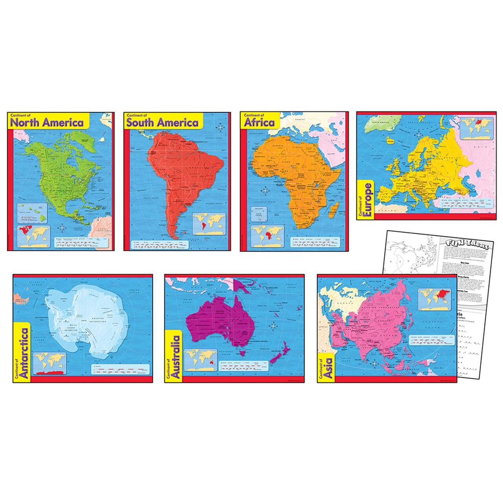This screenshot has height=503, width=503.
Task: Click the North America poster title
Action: click(x=47, y=122)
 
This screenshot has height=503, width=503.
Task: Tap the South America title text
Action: click(x=162, y=122)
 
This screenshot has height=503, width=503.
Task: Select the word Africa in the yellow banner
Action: click(x=259, y=122)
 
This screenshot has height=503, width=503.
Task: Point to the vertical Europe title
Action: click(x=367, y=198)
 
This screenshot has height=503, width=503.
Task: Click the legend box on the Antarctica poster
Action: click(x=120, y=369)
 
